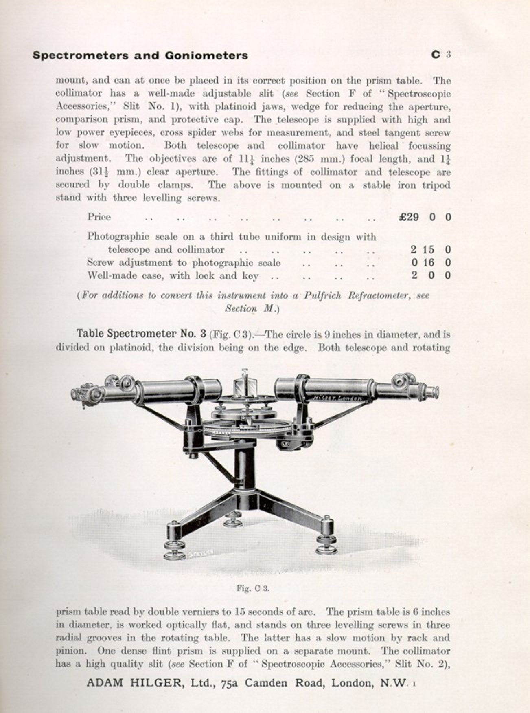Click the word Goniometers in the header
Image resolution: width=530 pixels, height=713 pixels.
pos(206,55)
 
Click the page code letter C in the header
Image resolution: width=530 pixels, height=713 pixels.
pos(436,54)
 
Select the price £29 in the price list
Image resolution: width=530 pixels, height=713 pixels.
pos(409,217)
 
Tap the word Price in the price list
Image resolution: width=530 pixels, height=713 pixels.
pos(99,217)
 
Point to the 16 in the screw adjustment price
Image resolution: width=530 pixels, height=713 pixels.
pos(428,262)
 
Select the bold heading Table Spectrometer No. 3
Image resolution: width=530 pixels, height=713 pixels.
pos(142,334)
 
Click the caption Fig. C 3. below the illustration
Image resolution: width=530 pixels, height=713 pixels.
pos(253,588)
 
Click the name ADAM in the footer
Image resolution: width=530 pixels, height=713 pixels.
pos(105,683)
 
